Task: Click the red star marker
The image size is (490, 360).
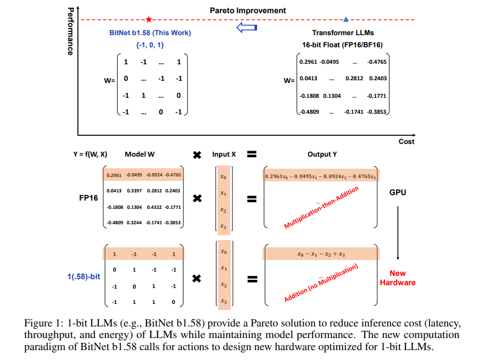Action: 148,19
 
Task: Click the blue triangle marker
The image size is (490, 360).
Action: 346,19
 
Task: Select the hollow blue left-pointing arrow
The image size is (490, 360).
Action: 247,28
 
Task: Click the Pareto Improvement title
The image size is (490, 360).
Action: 248,10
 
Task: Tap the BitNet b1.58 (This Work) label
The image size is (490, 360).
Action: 150,33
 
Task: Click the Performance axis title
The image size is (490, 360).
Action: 70,31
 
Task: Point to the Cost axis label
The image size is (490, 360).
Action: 406,141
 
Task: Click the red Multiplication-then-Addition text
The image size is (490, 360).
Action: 321,208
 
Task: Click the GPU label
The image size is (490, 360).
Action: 398,193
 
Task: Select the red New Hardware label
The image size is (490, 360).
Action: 398,278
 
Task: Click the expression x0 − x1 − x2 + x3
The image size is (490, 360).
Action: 321,254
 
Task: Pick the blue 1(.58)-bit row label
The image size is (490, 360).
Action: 83,276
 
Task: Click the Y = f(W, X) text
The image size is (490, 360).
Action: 90,154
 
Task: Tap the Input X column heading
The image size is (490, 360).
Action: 224,154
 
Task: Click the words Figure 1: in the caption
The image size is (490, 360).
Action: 44,321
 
